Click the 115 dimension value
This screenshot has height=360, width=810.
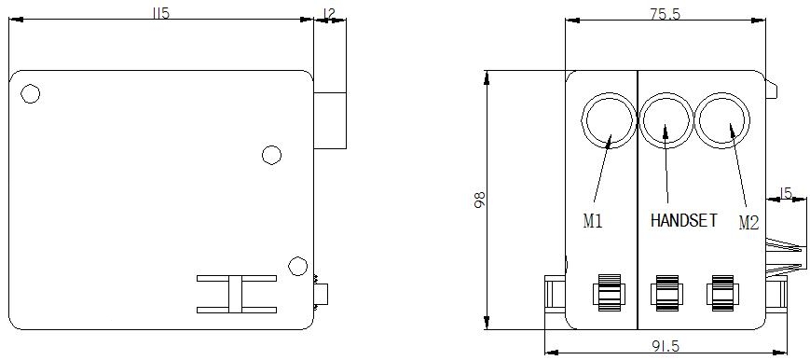[161, 13]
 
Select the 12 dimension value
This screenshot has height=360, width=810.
[328, 13]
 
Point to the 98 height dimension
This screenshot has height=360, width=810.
[479, 200]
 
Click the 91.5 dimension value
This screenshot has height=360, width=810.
[666, 345]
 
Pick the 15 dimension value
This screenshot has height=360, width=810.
[785, 193]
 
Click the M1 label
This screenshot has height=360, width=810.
[593, 221]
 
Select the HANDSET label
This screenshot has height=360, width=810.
[684, 221]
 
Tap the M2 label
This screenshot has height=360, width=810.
[748, 223]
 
